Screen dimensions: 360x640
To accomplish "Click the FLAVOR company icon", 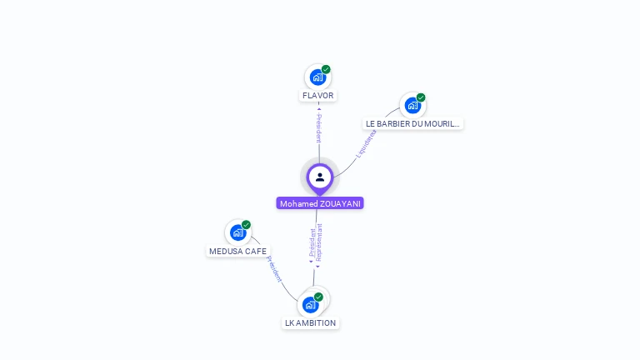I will coord(317,77).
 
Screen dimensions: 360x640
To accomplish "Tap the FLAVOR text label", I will coord(317,96).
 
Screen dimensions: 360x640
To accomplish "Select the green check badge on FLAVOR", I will coord(326,69).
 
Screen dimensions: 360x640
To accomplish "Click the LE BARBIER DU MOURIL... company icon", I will coord(412,106).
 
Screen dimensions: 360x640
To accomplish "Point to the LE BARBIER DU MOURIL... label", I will coord(412,123).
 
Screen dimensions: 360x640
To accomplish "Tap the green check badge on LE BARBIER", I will coord(421,97).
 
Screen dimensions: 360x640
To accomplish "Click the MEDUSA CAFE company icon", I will coord(237,232).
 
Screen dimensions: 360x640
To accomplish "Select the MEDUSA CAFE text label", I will coord(238,251).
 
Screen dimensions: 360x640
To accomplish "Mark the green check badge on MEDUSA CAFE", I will coord(246,225).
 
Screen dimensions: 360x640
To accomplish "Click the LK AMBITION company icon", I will coord(311,304).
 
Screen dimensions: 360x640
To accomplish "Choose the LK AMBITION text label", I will coord(310,322).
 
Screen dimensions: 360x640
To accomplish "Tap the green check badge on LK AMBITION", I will coord(318,297).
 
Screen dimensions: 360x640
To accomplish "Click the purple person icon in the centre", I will coord(320,177).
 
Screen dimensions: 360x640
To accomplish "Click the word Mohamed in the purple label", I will coord(298,203).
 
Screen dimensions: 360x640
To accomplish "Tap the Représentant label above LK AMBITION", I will coord(319,242).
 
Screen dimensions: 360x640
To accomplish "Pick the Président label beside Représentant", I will coord(312,242).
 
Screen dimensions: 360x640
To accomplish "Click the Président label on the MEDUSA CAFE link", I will coord(274,268).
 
